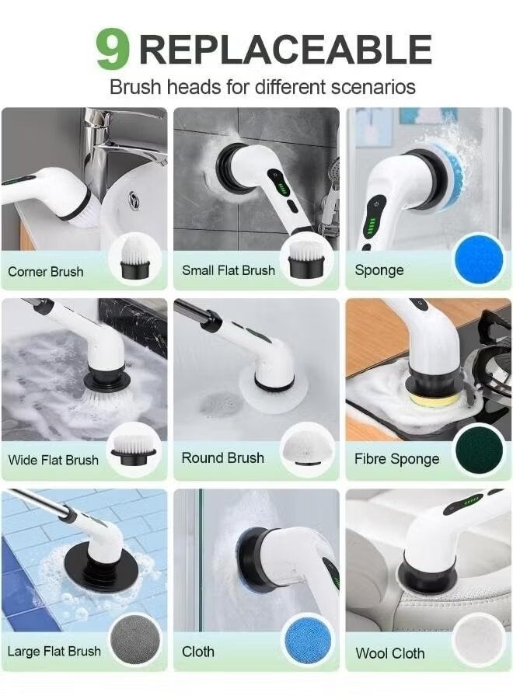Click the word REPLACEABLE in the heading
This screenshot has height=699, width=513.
pos(285,49)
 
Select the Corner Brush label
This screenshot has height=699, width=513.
pos(45,271)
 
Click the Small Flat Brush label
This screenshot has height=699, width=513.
pos(229,270)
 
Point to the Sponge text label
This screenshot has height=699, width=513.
pos(379,270)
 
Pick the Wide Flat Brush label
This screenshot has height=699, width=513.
pos(53,460)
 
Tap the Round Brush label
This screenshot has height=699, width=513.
pos(223,458)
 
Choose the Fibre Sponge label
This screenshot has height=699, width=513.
pos(396,459)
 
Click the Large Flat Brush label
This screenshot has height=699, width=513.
pos(54,651)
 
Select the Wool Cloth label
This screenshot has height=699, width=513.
pos(390,653)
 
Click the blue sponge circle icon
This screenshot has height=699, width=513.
pos(478,260)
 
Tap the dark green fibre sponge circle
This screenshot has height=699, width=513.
pos(479,450)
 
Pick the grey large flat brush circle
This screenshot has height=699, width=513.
pos(134,639)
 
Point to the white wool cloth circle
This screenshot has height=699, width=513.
pos(479,640)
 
